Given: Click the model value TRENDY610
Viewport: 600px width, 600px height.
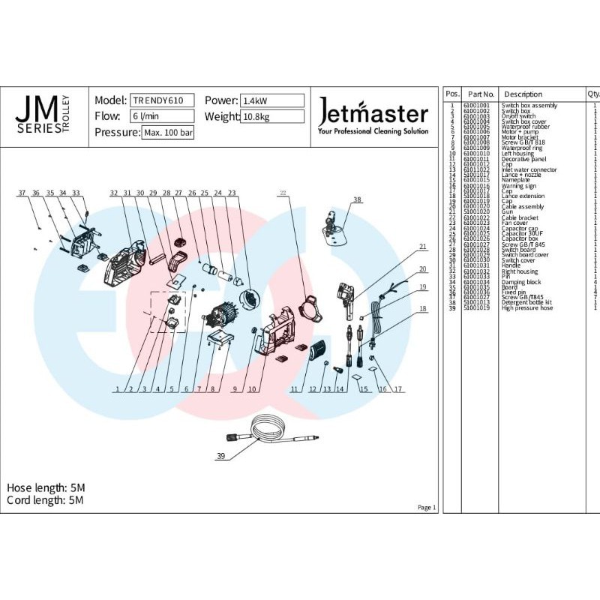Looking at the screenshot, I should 163,100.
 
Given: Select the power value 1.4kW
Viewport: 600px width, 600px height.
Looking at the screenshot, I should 271,100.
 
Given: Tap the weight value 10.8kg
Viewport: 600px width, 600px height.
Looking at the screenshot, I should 271,116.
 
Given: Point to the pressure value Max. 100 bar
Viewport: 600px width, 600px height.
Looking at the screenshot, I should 168,133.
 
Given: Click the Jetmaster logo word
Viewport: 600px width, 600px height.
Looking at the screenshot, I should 373,114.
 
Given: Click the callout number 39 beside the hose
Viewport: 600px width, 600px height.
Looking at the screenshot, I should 220,456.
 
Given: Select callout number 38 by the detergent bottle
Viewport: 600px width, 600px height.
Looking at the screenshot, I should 357,199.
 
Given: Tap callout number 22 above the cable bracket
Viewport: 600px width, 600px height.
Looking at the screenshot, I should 283,193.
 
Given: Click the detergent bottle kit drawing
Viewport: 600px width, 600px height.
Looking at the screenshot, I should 332,225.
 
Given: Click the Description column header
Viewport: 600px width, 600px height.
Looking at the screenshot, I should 523,94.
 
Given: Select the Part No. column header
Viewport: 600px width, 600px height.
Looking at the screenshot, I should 477,94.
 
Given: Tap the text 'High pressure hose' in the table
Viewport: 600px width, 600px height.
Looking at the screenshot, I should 527,307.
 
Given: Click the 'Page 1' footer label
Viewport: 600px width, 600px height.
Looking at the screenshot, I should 426,508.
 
